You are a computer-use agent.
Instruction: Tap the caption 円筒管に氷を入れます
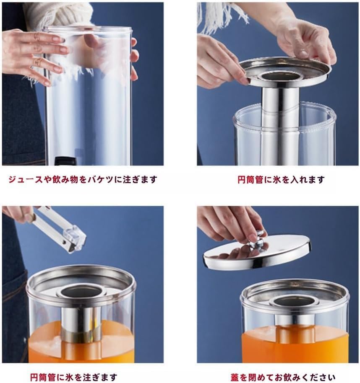point(281,180)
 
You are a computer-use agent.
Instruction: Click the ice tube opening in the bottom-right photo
point(295,300)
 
